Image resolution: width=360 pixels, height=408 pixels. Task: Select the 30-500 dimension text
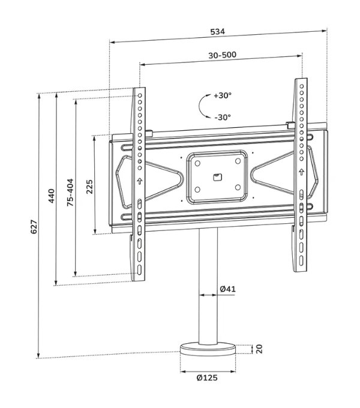pos(222,55)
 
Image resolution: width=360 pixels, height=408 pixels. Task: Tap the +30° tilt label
pos(222,95)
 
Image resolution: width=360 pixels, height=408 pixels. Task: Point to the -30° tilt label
pos(222,117)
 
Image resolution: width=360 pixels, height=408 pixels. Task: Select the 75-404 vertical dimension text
pos(70,192)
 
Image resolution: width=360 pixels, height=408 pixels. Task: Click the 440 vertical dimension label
pos(51,196)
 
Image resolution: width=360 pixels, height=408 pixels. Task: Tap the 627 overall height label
pos(34,226)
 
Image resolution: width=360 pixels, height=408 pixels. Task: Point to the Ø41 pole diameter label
pos(227,289)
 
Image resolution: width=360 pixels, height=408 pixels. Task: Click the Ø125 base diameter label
pos(206,378)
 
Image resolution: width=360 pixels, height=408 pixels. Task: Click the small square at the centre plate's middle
pos(217,176)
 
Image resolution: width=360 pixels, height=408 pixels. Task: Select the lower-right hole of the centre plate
pos(238,187)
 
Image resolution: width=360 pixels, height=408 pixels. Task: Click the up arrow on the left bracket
pos(139,180)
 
